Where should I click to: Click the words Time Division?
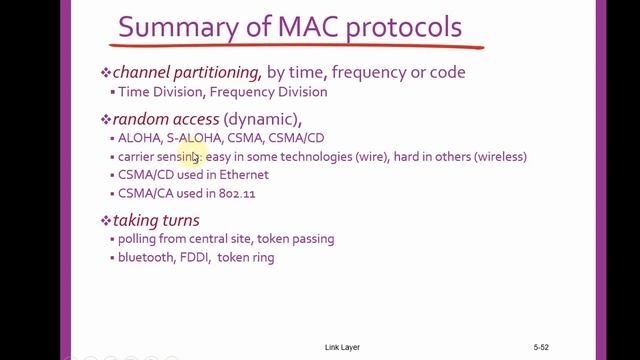[155, 92]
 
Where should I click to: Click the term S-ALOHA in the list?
[193, 138]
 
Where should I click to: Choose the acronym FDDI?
[203, 257]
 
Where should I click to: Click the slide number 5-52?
[541, 347]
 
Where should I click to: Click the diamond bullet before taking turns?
[106, 220]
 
